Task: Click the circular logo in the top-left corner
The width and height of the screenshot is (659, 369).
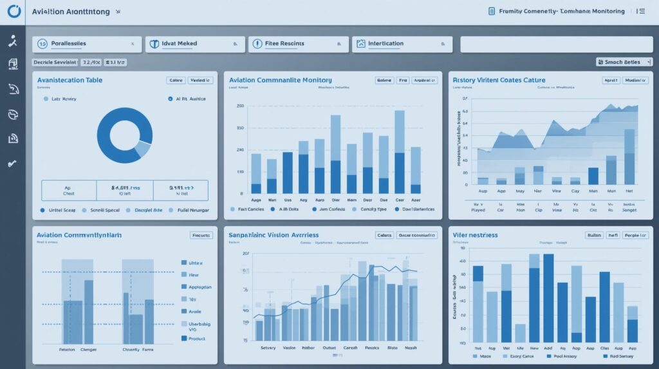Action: pos(12,12)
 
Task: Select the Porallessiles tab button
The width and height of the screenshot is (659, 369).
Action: pos(88,44)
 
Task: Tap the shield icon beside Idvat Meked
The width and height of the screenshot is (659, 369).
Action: pos(154,44)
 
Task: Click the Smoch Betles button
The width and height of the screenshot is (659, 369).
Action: pos(622,62)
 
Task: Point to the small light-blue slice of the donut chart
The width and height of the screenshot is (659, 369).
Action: pos(143,149)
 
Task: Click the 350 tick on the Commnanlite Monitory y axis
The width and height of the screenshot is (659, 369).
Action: pos(240,128)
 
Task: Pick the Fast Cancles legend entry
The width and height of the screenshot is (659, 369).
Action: pos(248,209)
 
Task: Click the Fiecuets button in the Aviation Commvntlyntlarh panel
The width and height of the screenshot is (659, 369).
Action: pos(201,236)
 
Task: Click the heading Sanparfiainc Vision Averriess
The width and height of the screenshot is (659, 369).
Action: pos(274,236)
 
